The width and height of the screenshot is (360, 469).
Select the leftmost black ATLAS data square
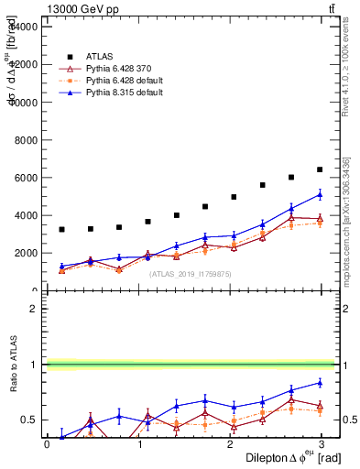click(61, 229)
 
